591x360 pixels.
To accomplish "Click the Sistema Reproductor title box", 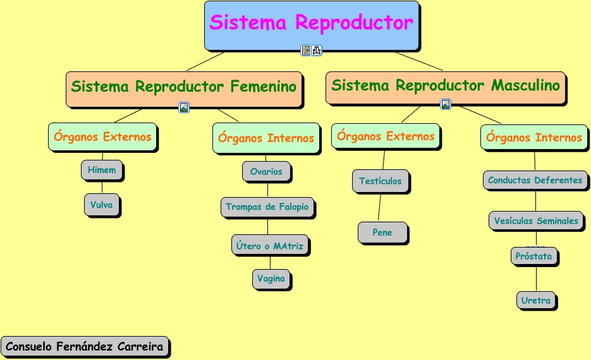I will (x=311, y=24).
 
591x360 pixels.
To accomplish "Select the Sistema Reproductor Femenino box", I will (x=183, y=87).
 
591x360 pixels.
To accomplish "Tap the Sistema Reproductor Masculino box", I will (x=446, y=86).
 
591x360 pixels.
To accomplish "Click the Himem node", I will (x=102, y=170).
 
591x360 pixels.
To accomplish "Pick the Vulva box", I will (x=101, y=205).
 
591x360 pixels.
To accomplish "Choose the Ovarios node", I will (x=266, y=172).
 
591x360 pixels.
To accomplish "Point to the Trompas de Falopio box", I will (x=267, y=207).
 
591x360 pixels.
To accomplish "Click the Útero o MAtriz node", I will (x=270, y=246).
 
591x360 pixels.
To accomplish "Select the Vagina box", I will (x=271, y=279).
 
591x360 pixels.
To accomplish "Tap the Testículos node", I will (x=381, y=181).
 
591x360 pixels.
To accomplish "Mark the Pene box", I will (x=382, y=232).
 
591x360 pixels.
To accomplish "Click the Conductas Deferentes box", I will (x=535, y=180).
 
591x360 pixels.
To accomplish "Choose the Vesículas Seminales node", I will (x=536, y=221).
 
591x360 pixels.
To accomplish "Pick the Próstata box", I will (x=533, y=256).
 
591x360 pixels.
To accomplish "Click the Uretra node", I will (x=536, y=301).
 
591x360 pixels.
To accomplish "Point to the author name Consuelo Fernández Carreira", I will (x=85, y=347).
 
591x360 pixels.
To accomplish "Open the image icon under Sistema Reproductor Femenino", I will (x=184, y=107).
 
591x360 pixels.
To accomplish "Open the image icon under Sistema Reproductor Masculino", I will (x=446, y=104).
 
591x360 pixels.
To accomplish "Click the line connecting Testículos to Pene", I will (x=379, y=208).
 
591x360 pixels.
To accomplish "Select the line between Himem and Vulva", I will (x=102, y=187).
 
